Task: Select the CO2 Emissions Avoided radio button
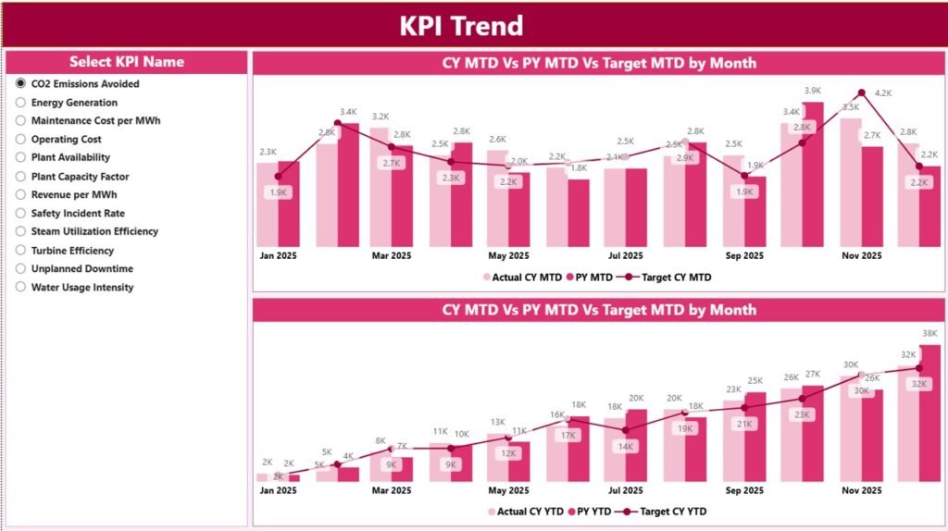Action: pyautogui.click(x=21, y=83)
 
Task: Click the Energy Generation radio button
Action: pyautogui.click(x=21, y=102)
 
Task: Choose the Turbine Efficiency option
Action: pyautogui.click(x=21, y=250)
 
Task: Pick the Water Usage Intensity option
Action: pyautogui.click(x=21, y=287)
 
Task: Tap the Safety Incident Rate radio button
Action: pyautogui.click(x=21, y=213)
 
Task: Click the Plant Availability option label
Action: pyautogui.click(x=70, y=157)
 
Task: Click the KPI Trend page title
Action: pyautogui.click(x=461, y=25)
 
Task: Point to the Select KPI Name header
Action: pyautogui.click(x=127, y=62)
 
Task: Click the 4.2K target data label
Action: pyautogui.click(x=882, y=93)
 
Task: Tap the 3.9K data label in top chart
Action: pyautogui.click(x=812, y=91)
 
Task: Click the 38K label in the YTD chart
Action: pyautogui.click(x=929, y=334)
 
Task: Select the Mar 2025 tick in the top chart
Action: pyautogui.click(x=391, y=255)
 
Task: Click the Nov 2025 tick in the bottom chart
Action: pyautogui.click(x=861, y=490)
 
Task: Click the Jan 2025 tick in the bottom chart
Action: pyautogui.click(x=279, y=490)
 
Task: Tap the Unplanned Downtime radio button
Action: pyautogui.click(x=21, y=268)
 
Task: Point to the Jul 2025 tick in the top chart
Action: pyautogui.click(x=626, y=255)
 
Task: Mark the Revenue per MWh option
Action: pyautogui.click(x=21, y=194)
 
